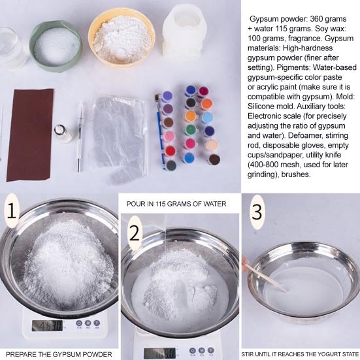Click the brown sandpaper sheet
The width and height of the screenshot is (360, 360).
coord(30,135)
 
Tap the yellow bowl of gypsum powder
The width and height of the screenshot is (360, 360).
coord(122,37)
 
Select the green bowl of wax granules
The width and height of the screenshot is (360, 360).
coord(56,46)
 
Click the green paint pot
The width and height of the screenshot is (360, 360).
coord(191,130)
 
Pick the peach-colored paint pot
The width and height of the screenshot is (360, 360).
coord(211,145)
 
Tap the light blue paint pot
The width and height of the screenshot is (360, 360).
coord(208,118)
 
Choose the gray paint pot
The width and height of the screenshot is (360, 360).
coord(171,165)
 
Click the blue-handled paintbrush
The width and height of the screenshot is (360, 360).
coord(160,131)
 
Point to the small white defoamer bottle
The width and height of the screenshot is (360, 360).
coord(63,134)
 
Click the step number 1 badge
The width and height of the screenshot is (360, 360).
coord(12,210)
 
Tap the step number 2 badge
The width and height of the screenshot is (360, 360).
coord(135,233)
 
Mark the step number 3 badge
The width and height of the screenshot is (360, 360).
coord(257,212)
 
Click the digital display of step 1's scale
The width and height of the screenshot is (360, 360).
coord(47,325)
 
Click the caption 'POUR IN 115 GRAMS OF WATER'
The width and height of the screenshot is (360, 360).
coord(176,204)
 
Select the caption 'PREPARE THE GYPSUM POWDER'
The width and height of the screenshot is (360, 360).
coord(59,354)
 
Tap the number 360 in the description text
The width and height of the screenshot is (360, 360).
coord(317,19)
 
